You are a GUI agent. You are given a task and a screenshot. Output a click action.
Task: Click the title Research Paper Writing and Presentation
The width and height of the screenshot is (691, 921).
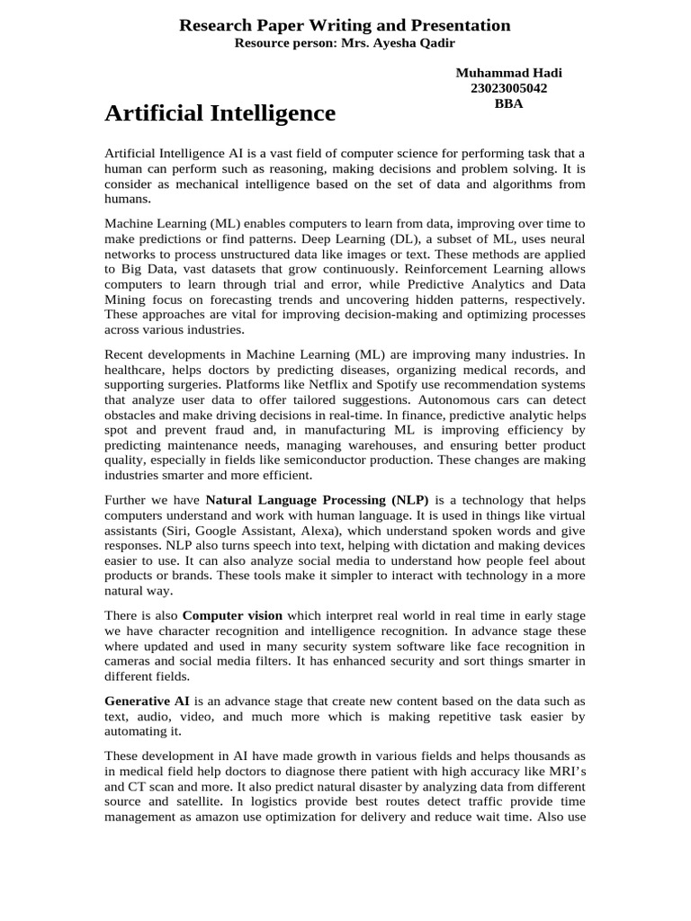click(345, 25)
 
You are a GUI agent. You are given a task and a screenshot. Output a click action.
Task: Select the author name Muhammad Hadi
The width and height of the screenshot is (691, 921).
click(508, 73)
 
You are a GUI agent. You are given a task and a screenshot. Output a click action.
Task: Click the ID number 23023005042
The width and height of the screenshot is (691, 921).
click(508, 88)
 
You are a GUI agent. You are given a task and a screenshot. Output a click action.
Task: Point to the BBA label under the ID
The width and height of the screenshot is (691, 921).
click(508, 103)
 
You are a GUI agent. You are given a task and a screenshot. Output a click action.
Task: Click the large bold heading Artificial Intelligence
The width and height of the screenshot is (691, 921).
click(220, 113)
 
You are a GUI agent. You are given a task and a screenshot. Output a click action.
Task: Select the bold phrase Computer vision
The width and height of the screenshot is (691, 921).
click(232, 616)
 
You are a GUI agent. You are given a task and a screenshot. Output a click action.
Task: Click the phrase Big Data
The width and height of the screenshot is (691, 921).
click(148, 269)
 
